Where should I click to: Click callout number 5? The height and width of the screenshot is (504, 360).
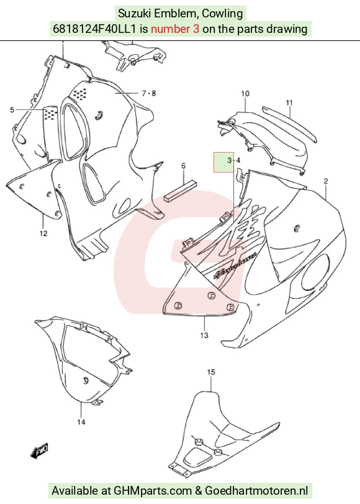(12, 110)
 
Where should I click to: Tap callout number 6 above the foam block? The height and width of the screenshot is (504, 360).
(183, 166)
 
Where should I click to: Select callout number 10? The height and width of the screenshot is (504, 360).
(245, 94)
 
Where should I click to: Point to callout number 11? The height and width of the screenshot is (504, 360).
(289, 103)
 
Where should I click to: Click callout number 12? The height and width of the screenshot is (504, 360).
(43, 233)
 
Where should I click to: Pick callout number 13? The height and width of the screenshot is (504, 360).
(204, 335)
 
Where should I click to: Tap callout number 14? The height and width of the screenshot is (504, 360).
(81, 422)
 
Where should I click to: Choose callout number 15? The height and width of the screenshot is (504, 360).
(211, 372)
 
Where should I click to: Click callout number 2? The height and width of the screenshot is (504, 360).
(326, 181)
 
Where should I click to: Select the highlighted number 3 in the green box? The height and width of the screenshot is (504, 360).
(229, 160)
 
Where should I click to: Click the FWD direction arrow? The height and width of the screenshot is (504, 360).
(39, 451)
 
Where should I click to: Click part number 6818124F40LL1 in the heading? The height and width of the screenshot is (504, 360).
(94, 29)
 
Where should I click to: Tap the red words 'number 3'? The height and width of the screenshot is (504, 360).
(175, 29)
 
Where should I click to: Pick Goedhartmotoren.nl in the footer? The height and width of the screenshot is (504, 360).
(256, 491)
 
